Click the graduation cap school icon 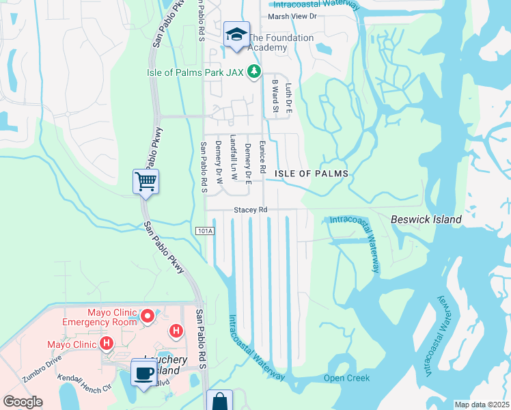click(236, 34)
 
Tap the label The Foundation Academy click(280, 42)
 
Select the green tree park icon click(254, 71)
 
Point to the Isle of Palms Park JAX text click(196, 71)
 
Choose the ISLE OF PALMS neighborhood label click(312, 174)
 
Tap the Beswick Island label click(426, 219)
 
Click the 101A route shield click(204, 232)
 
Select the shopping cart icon click(146, 182)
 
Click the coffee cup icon click(143, 373)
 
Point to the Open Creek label click(346, 378)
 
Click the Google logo click(23, 402)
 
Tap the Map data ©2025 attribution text click(482, 405)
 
